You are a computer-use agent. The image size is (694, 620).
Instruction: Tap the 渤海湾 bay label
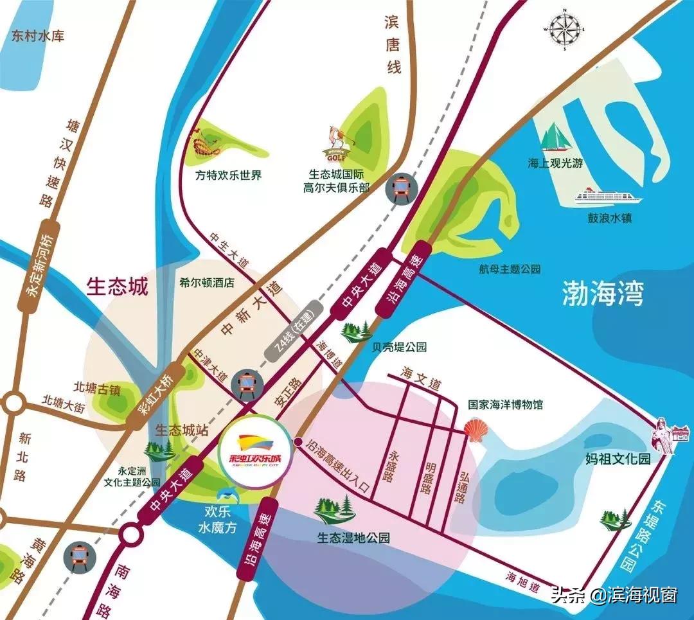[x=602, y=295]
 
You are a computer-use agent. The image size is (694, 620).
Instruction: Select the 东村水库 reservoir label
[x=38, y=36]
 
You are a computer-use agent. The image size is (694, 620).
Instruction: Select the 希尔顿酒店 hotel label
[x=208, y=282]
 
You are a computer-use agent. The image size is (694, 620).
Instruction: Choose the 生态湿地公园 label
[x=353, y=538]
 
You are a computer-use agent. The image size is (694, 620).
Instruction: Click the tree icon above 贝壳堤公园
[x=356, y=332]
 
